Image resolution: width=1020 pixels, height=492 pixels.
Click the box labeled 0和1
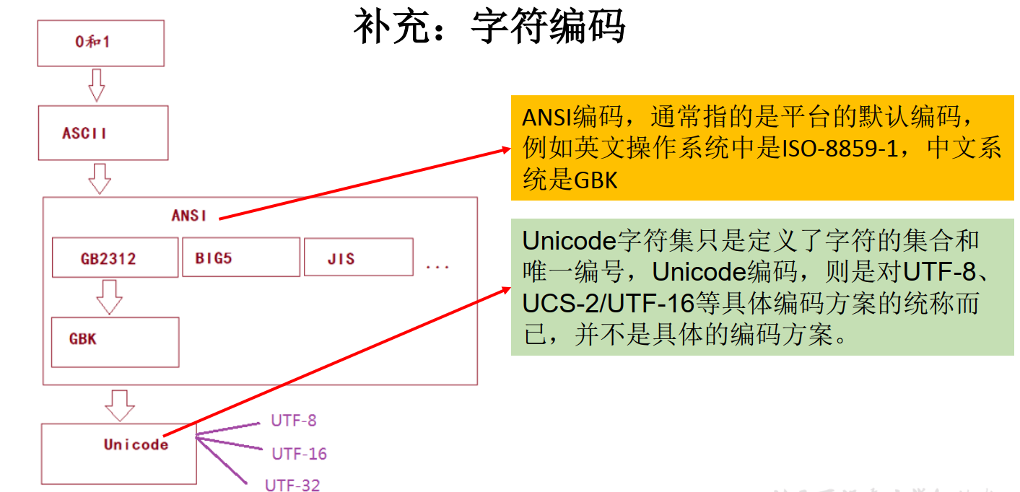tap(101, 43)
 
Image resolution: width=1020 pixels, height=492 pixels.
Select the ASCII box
tap(103, 133)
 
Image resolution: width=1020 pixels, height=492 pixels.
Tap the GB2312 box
tap(115, 258)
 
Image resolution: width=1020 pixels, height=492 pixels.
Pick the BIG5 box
tap(247, 258)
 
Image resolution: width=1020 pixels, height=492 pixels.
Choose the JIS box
tap(358, 258)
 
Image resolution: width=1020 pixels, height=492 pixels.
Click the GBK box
tap(115, 342)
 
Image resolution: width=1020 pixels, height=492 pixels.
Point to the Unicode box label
tap(136, 444)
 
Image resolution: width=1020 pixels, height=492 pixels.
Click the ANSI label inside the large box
tap(189, 215)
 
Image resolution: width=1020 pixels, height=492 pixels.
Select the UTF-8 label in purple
tap(294, 421)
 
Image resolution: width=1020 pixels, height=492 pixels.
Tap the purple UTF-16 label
tap(299, 454)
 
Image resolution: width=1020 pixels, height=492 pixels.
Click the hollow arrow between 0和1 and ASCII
tap(96, 86)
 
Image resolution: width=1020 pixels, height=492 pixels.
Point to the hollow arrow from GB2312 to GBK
tap(110, 296)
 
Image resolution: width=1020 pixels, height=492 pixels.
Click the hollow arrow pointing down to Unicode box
tap(119, 405)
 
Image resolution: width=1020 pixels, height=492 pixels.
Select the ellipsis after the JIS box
tap(437, 267)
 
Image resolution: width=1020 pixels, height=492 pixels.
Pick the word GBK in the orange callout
tap(596, 179)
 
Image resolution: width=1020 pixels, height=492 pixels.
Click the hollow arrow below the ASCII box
tap(99, 178)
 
